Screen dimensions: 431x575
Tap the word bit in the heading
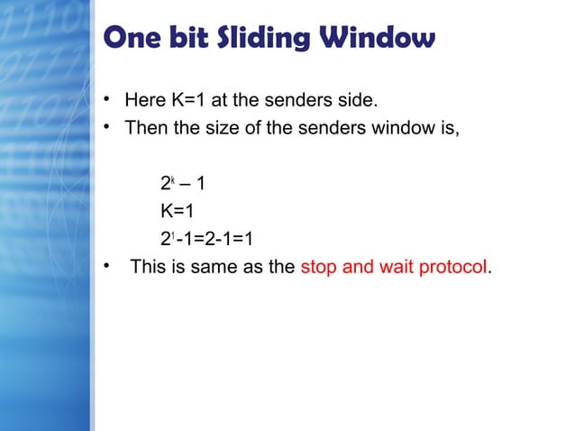point(192,39)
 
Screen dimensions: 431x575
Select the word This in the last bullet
point(150,268)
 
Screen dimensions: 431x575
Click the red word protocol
point(452,269)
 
